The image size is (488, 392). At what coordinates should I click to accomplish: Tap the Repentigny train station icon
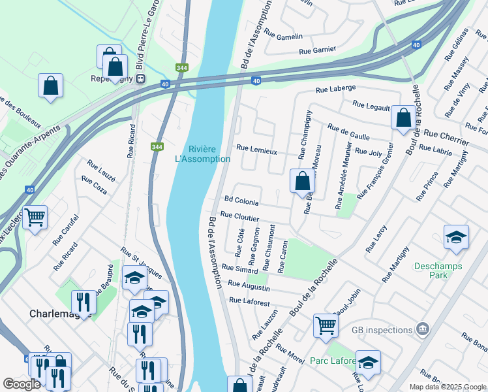click(140, 78)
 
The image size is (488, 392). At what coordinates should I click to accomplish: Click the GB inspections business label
click(382, 330)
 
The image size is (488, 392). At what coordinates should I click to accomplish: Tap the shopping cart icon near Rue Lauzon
click(326, 325)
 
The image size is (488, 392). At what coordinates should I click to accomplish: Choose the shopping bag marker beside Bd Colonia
click(302, 181)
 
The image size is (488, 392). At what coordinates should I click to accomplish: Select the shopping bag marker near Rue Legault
click(404, 118)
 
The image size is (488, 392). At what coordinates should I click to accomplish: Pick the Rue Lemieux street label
click(256, 149)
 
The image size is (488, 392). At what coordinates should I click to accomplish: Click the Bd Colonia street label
click(241, 202)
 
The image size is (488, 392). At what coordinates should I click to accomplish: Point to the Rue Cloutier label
click(240, 216)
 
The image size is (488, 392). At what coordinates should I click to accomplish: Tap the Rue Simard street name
click(240, 269)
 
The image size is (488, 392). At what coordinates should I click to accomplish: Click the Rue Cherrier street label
click(446, 137)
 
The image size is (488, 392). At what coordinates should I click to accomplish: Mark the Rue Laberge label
click(335, 88)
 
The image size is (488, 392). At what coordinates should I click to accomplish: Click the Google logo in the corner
click(22, 384)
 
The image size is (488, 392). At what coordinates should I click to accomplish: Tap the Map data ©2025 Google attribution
click(447, 387)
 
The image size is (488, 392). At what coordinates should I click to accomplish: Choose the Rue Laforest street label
click(249, 301)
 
